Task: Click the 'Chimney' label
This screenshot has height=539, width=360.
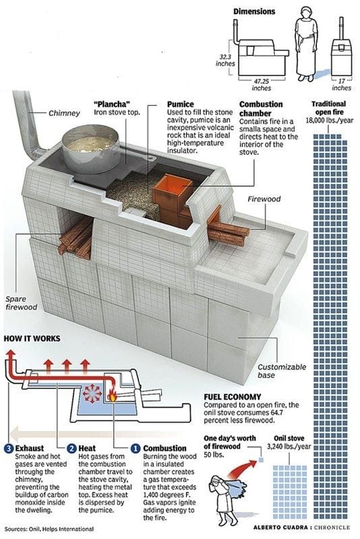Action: [64, 113]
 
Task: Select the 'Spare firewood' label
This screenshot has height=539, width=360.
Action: [21, 303]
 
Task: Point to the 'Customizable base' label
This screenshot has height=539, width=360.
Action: [282, 371]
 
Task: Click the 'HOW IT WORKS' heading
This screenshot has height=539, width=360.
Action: [32, 339]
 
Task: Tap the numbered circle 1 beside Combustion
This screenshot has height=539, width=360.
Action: [136, 448]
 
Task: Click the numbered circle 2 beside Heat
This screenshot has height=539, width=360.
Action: [71, 448]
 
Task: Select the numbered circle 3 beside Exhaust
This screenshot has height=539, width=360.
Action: [9, 448]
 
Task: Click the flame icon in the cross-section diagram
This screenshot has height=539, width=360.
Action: [113, 395]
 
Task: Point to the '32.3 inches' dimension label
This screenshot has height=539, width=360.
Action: [225, 60]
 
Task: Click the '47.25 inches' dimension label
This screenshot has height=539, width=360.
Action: [262, 85]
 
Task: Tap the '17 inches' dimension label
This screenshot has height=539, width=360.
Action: [341, 85]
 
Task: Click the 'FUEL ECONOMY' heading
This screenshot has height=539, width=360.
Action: [233, 397]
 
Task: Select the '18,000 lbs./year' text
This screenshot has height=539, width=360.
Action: [329, 121]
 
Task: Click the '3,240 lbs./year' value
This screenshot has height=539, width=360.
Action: [289, 447]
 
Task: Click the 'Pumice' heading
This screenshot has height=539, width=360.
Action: [180, 104]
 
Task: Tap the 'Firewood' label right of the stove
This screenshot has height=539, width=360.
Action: [264, 199]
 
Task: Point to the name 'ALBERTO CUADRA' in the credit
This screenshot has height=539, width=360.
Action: [280, 528]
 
